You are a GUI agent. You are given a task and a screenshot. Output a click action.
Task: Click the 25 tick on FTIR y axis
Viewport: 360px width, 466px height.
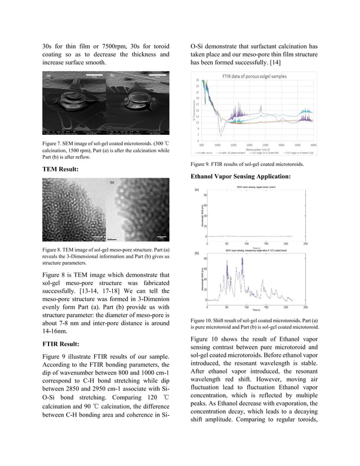[197, 80]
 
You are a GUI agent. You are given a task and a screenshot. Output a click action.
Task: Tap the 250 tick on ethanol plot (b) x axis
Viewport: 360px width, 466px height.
[305, 308]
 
